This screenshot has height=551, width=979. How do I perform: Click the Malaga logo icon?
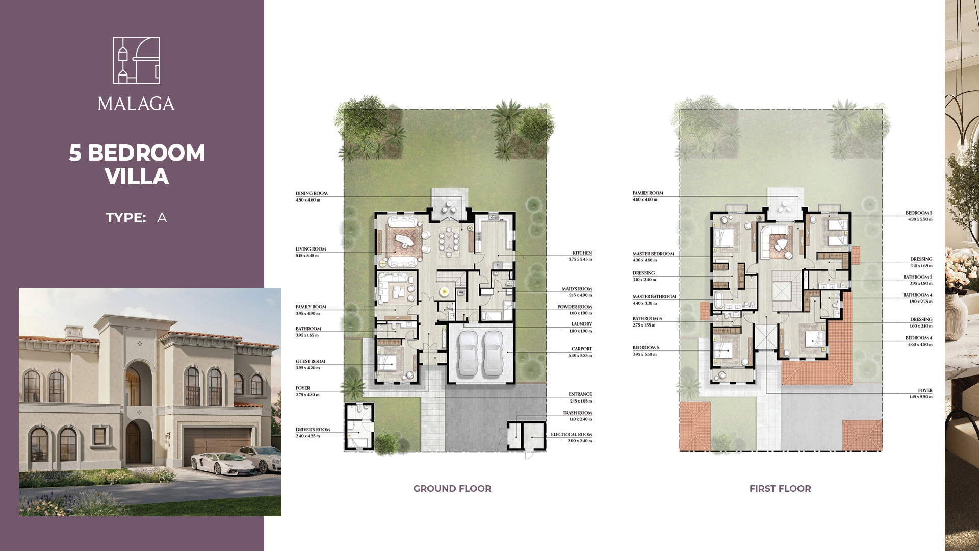(x=136, y=60)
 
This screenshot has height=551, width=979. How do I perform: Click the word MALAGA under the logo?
(x=136, y=104)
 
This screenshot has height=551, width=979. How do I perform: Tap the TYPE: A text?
(x=136, y=218)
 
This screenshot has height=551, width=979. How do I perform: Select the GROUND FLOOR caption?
(x=452, y=488)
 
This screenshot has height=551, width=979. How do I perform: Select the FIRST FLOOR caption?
(x=780, y=488)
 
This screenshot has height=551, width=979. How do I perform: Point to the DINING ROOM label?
(x=312, y=193)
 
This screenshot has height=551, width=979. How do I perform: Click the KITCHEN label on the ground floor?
(x=582, y=253)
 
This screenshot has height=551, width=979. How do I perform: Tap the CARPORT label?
(x=582, y=349)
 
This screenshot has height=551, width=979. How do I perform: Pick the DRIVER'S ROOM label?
(x=313, y=430)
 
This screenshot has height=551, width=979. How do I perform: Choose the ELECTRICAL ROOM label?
(x=572, y=435)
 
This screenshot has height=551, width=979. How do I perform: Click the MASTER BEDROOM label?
(x=653, y=254)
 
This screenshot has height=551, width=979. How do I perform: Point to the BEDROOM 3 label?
(x=919, y=213)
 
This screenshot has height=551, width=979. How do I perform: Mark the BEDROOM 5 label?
(x=646, y=348)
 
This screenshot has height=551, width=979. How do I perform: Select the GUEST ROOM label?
(x=311, y=361)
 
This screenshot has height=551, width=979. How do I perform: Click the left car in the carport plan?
(x=468, y=352)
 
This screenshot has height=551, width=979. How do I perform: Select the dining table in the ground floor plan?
(x=449, y=240)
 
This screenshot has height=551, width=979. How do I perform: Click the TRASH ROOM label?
(x=578, y=413)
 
